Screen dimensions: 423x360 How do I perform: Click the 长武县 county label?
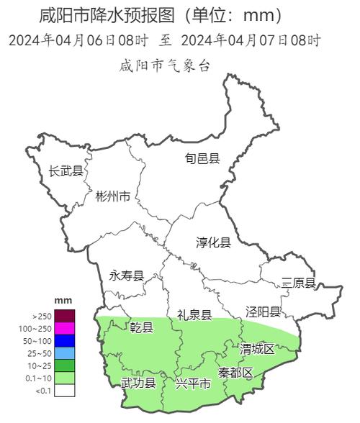click(66, 171)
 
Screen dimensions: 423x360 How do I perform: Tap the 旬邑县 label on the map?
click(202, 158)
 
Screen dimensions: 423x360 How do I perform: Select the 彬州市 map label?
click(113, 196)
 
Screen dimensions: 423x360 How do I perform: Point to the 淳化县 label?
click(213, 242)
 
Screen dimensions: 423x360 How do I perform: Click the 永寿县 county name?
click(126, 276)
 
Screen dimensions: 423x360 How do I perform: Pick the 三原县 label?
click(298, 283)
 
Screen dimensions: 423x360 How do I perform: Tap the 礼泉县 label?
click(194, 314)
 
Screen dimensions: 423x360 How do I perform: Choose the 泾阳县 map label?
click(263, 311)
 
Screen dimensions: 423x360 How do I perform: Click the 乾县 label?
click(141, 328)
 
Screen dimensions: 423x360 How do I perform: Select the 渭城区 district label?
click(257, 349)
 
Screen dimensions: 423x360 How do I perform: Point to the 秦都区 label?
click(235, 373)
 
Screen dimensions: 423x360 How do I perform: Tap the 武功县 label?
click(138, 383)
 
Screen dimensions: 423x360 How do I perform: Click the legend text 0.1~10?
click(40, 378)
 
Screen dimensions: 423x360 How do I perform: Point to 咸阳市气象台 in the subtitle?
click(165, 65)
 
